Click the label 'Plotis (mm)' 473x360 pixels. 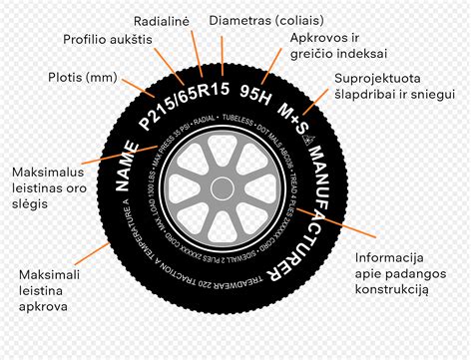(82, 76)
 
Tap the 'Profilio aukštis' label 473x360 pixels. (107, 39)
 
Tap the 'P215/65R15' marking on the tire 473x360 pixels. (185, 100)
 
